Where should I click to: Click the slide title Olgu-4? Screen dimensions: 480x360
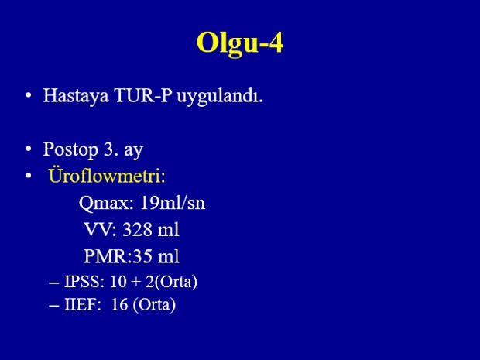tap(240, 43)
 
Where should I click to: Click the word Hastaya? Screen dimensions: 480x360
tap(76, 97)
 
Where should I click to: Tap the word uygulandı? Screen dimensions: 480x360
tap(220, 97)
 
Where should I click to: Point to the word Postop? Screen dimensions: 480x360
tap(70, 150)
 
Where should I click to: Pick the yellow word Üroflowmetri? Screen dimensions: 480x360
tap(107, 176)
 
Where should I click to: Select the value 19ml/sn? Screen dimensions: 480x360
tap(173, 203)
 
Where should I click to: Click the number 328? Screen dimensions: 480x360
tap(137, 230)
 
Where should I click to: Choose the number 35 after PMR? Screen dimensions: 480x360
tap(142, 256)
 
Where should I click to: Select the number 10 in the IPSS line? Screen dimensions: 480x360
tap(118, 281)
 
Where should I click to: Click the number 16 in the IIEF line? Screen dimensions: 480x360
tap(120, 305)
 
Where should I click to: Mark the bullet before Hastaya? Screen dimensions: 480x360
tap(29, 95)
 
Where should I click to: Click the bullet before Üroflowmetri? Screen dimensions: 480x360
tap(29, 176)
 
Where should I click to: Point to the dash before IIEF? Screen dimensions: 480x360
tap(54, 306)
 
